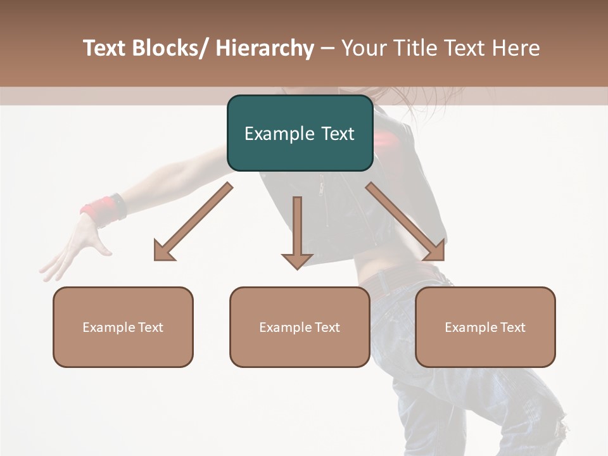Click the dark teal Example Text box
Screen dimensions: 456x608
(x=300, y=133)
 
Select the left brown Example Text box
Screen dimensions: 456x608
(x=123, y=327)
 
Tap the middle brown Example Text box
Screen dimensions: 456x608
(x=300, y=327)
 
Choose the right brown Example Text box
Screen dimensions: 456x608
(x=485, y=327)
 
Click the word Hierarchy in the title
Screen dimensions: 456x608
(x=265, y=48)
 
